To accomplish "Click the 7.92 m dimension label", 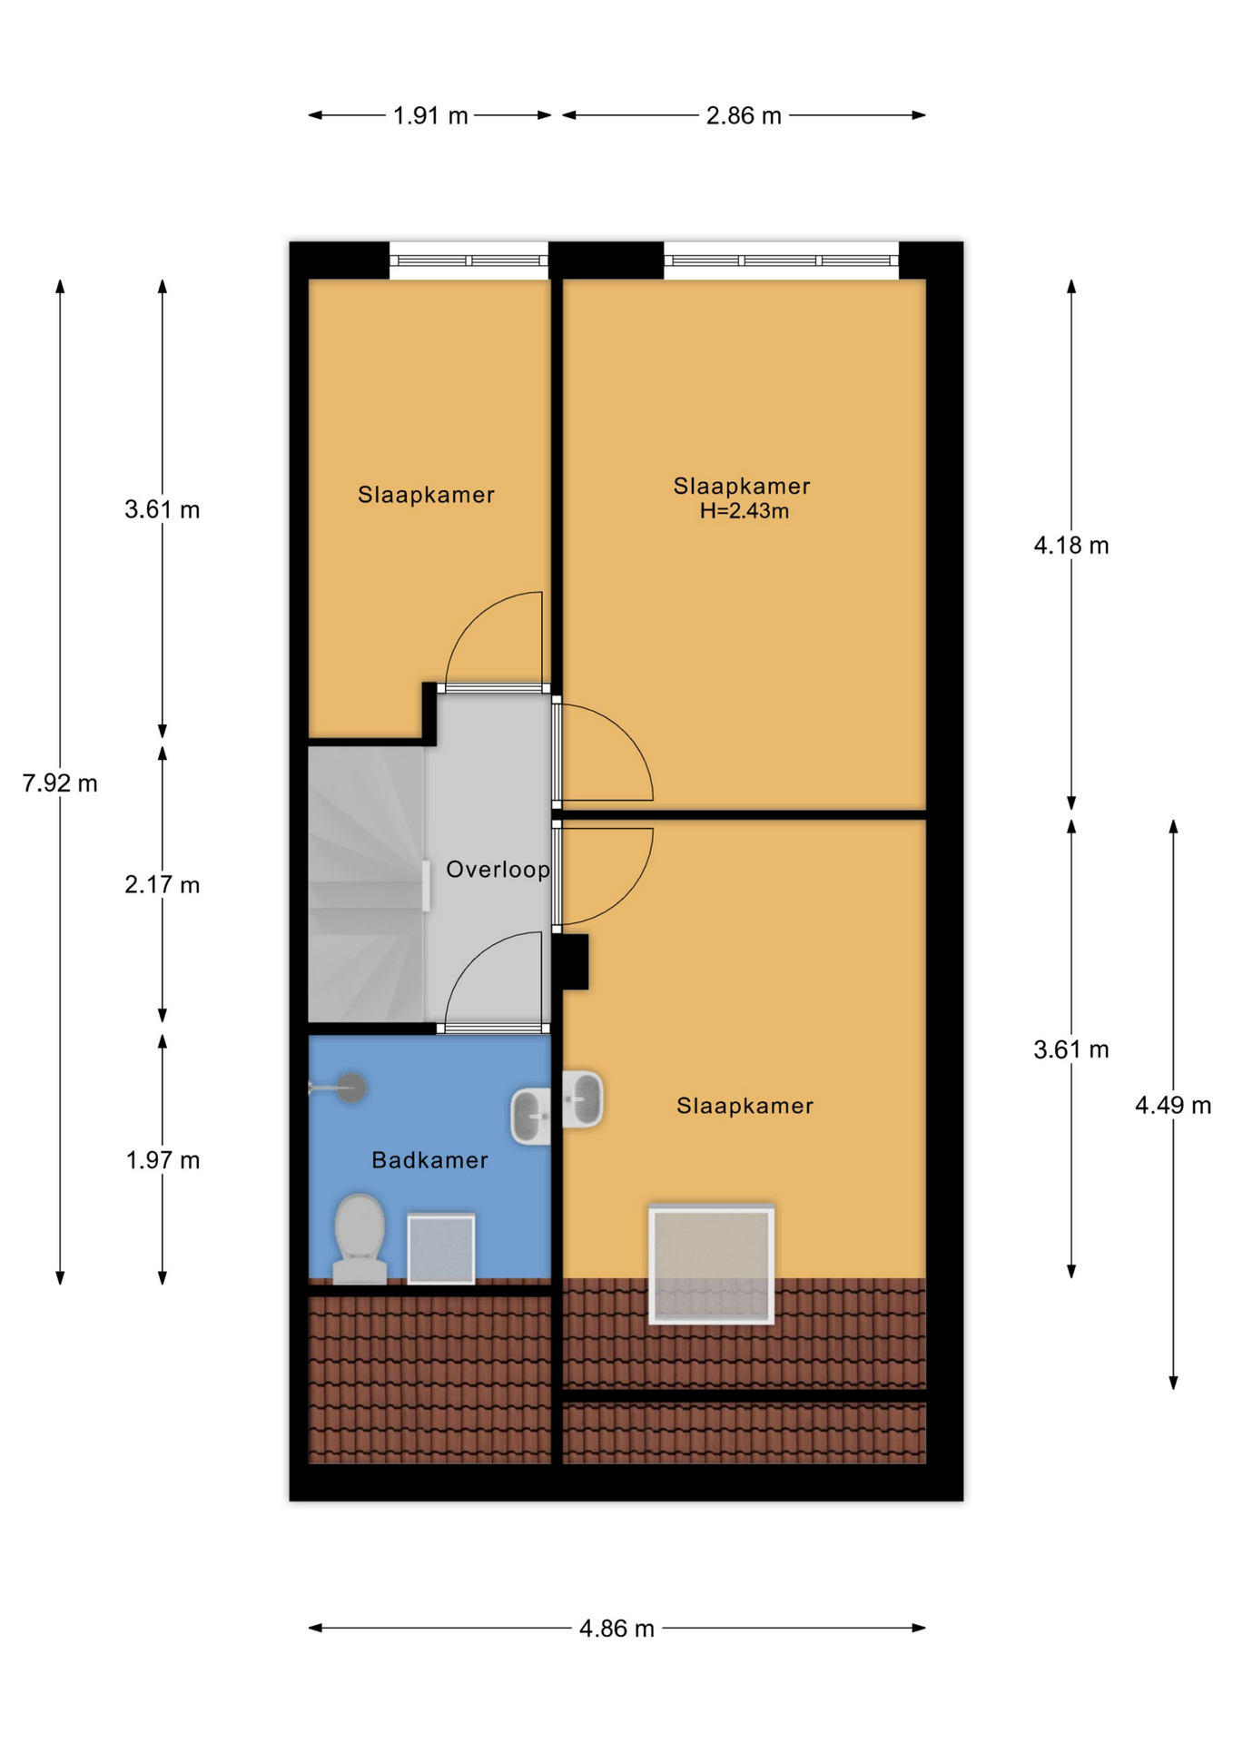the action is point(60,783).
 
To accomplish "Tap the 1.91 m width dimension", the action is point(430,116).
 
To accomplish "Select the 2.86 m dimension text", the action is point(744,116).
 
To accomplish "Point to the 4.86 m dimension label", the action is point(616,1629).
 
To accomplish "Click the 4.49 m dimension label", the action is point(1173,1105).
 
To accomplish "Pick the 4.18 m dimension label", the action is point(1071,546).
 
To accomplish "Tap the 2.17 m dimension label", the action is point(163,884).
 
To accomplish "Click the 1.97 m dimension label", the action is point(163,1160).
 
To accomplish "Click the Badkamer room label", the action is point(430,1160).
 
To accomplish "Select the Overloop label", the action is point(498,870).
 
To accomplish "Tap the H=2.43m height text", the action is point(745,511).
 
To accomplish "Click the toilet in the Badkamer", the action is point(360,1238).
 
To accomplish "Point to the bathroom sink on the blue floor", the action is point(531,1116).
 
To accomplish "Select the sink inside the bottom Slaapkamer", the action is point(583,1098).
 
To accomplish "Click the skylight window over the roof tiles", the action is point(712,1265).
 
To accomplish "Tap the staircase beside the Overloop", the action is point(367,884).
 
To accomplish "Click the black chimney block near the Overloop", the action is point(575,962).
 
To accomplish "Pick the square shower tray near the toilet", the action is point(441,1249).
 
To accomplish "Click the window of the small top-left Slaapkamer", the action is point(469,261).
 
